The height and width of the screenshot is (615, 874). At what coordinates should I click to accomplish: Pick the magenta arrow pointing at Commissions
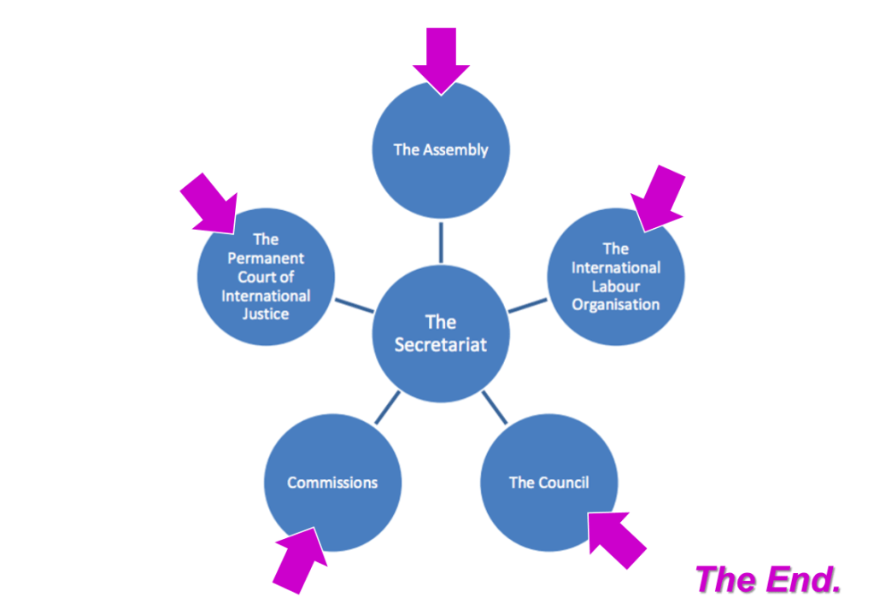300,556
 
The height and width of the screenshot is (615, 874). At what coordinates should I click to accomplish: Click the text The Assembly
441,149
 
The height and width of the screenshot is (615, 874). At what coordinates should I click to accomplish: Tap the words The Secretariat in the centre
441,333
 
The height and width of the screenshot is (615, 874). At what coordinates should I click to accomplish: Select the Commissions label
332,483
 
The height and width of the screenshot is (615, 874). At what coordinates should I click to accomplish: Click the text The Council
548,483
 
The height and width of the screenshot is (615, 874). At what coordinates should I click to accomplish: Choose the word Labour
616,286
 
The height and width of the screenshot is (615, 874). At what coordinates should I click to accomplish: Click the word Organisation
616,304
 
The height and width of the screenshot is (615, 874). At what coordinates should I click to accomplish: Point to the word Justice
266,313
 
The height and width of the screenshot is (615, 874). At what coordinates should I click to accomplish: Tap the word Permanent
266,258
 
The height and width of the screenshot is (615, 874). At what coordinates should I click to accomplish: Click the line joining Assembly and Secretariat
441,243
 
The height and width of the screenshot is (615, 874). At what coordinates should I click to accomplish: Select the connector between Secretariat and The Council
494,408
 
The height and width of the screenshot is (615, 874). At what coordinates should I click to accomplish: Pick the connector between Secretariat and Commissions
387,407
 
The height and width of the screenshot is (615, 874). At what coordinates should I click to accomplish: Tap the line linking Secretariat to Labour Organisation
528,305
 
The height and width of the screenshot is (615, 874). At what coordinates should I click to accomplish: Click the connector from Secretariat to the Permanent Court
354,305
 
